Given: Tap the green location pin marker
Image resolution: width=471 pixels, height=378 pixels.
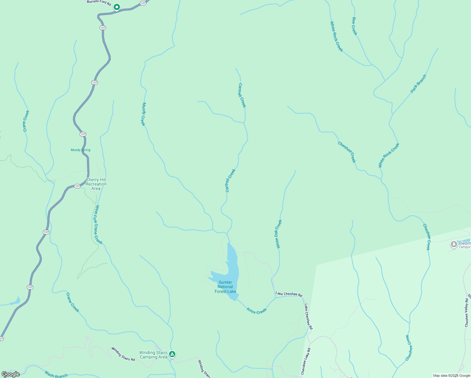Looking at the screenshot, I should [x=117, y=7].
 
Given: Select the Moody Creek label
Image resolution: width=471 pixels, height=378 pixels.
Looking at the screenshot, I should [x=143, y=114].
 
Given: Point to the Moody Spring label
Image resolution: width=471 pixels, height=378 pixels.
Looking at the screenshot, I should [x=80, y=150].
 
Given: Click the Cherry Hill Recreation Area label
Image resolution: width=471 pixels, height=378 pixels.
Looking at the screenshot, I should [x=96, y=184].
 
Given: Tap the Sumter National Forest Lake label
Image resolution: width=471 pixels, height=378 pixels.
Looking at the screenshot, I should [x=225, y=287].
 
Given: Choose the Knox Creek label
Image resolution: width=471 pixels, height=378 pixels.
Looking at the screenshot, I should [x=257, y=311].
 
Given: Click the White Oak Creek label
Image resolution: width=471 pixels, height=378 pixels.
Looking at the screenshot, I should [x=278, y=234].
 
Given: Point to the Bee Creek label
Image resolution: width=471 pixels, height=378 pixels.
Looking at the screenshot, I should [x=355, y=26].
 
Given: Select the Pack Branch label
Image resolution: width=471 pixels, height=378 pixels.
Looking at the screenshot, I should [x=418, y=84].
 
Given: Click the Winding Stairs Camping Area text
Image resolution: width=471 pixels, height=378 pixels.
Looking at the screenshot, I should [x=153, y=355].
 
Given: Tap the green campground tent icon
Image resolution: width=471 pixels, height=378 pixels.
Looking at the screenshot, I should [x=172, y=354].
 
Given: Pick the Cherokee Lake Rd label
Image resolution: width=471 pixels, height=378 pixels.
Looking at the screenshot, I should [x=305, y=361].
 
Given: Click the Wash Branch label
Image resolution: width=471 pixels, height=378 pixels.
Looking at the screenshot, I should [x=56, y=375].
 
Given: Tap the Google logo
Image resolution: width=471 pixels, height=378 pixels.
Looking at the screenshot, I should [x=10, y=374].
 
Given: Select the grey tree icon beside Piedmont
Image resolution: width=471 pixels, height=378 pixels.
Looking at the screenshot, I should [x=454, y=244].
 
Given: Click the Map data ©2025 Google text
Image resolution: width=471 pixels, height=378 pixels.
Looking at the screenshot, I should [x=451, y=375].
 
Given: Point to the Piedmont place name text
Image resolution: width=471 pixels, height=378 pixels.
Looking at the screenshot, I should [x=464, y=243].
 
